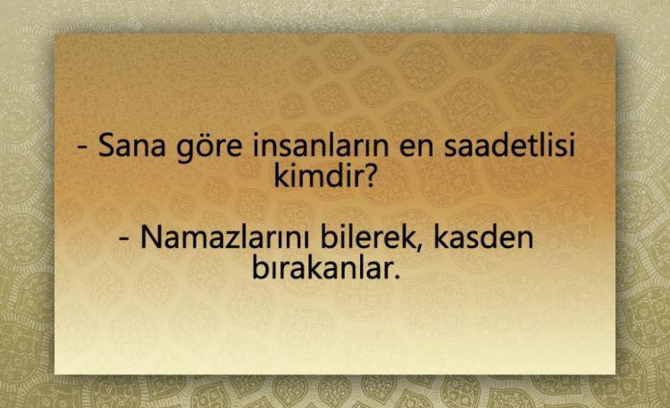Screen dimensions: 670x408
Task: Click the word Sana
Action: [x=131, y=146]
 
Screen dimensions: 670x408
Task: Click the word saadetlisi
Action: [x=509, y=145]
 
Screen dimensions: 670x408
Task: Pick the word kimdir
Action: [x=319, y=175]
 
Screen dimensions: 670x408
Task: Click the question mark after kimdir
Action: [x=370, y=176]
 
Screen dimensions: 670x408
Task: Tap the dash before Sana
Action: [x=82, y=148]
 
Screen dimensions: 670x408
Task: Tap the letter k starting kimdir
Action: [x=281, y=175]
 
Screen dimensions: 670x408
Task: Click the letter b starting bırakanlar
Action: [x=260, y=267]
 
